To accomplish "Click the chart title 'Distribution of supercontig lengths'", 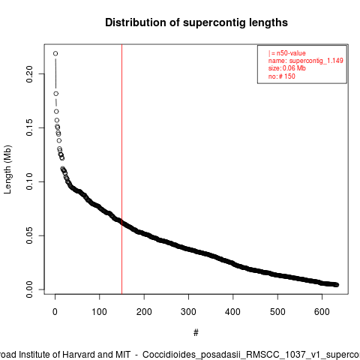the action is tap(196, 22).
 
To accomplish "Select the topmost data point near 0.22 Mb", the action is tap(55, 53).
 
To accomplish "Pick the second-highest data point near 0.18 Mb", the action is tap(56, 94).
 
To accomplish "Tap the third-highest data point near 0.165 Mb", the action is tap(56, 111).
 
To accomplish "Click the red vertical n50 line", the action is tap(122, 169).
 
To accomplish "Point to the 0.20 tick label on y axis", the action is tap(29, 74).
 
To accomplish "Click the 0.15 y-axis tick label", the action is tap(29, 127).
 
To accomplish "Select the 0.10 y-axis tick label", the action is tap(29, 181).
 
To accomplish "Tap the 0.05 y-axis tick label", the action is tap(29, 235).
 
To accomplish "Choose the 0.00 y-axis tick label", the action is tap(29, 289).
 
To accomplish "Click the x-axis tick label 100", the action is tap(99, 312).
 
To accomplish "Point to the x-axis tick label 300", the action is tap(188, 312).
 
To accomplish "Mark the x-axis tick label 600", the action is tap(322, 312).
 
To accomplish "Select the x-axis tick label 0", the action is tap(55, 312).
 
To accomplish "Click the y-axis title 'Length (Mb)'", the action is tap(7, 169).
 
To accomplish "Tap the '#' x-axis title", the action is tap(196, 333).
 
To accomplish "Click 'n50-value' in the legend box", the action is tap(291, 53).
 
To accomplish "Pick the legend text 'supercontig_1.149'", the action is tap(316, 61).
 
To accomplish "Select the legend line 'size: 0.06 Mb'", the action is tap(287, 68).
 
